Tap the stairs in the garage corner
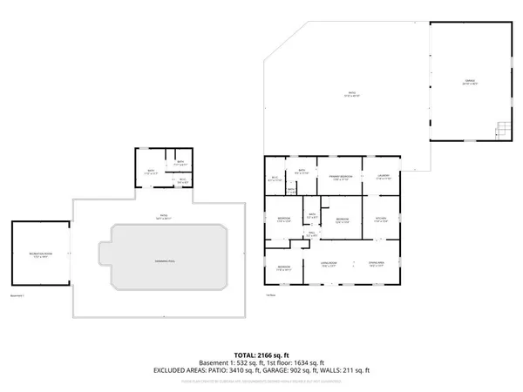pos(500,131)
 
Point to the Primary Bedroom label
pos(340,178)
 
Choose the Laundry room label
pos(382,178)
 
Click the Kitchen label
pos(380,219)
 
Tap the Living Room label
pos(329,264)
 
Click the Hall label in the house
pos(311,233)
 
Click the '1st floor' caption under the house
pos(270,295)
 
